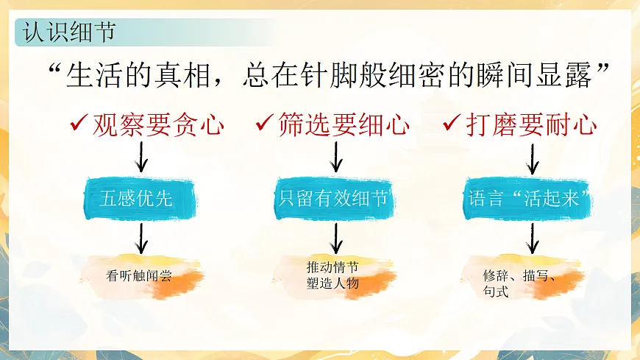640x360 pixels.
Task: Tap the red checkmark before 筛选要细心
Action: pos(264,124)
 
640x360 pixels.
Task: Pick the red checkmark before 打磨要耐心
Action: pos(451,124)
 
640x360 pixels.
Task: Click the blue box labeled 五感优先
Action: pos(141,198)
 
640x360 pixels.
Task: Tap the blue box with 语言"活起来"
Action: pos(530,198)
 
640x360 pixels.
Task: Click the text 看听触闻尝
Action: pos(143,276)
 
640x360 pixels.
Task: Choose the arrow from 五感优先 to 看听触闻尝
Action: pos(142,237)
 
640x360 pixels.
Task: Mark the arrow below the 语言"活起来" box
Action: pos(533,237)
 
